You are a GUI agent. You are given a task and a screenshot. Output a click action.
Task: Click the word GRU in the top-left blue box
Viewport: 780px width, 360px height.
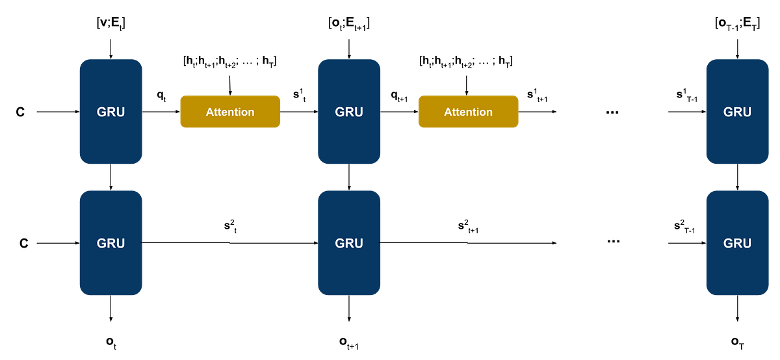(x=110, y=112)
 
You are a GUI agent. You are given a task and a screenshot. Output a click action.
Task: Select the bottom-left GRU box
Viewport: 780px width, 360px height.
(x=110, y=243)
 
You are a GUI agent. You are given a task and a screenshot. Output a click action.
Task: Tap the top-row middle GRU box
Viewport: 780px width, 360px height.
(x=349, y=112)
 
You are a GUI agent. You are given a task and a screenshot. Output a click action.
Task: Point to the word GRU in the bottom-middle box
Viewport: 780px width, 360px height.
(x=349, y=243)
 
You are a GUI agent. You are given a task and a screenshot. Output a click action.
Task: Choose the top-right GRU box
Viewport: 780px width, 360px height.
(x=737, y=112)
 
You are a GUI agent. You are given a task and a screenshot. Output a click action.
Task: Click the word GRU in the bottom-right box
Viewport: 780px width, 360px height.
(x=737, y=243)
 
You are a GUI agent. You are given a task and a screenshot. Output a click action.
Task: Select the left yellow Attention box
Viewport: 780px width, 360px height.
(x=230, y=112)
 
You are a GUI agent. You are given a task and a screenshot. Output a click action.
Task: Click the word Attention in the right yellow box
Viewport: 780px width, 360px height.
(x=468, y=112)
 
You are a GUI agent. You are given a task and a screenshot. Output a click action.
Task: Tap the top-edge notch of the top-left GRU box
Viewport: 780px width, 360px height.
(x=110, y=60)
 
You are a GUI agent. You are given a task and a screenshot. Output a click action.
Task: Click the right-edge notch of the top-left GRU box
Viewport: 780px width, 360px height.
(x=142, y=112)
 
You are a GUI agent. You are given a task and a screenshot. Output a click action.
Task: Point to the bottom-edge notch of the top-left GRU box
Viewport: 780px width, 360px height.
(x=110, y=164)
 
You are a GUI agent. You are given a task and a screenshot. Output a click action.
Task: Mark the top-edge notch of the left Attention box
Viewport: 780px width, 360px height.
(x=230, y=95)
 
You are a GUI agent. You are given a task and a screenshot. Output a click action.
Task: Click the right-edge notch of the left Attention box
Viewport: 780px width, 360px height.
(x=281, y=112)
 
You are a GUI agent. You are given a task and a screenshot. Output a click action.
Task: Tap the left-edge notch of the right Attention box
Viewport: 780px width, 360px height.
(x=418, y=112)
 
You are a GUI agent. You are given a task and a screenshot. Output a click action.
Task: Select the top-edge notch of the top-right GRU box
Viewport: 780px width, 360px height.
(x=737, y=60)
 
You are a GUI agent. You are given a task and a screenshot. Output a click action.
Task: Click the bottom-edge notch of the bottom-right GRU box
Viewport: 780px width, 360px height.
(x=737, y=295)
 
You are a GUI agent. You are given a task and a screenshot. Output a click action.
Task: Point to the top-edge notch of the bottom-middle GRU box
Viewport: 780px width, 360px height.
(x=349, y=191)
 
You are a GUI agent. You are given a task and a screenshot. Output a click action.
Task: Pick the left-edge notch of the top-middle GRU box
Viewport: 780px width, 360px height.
(x=318, y=112)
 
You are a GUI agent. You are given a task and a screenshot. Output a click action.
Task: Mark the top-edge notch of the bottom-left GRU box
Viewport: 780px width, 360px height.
(x=110, y=191)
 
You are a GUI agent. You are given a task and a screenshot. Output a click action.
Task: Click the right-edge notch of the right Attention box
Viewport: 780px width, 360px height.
(x=519, y=112)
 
